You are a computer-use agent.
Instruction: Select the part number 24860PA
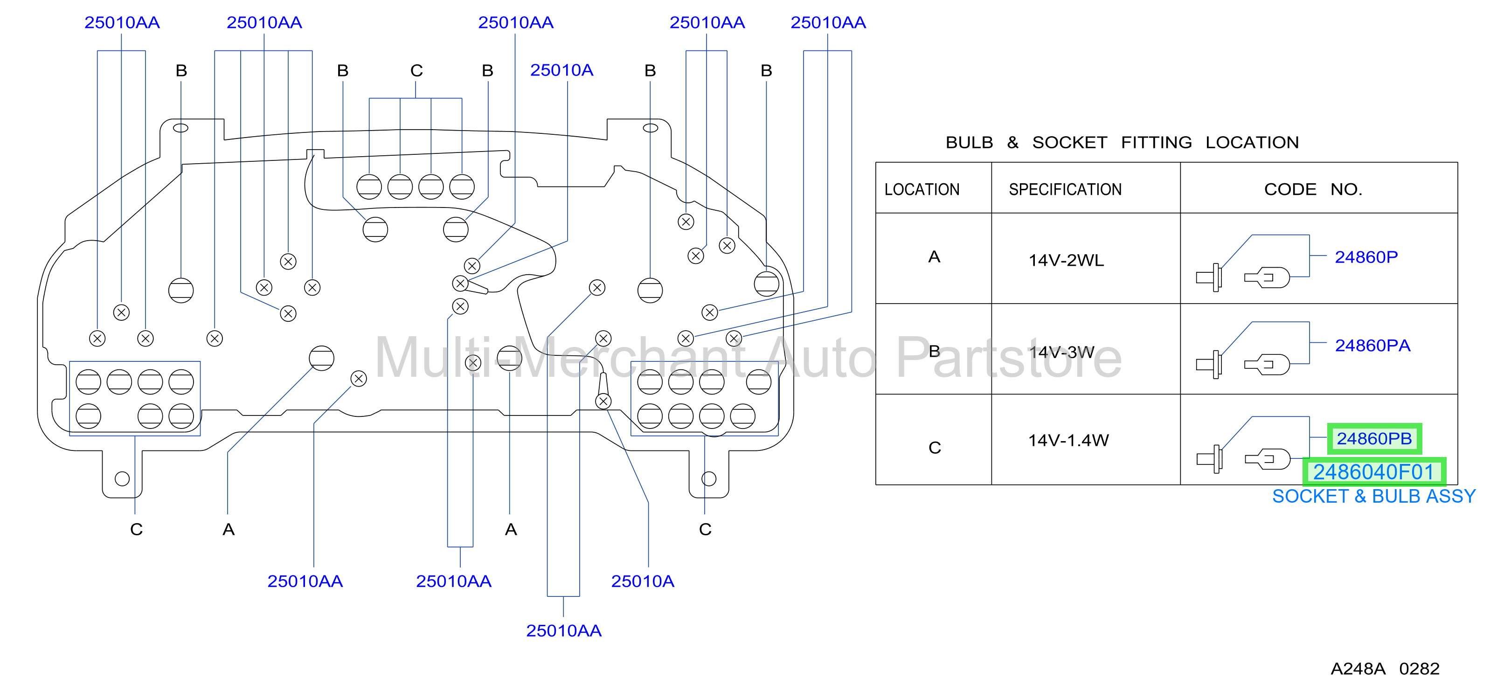(x=1372, y=346)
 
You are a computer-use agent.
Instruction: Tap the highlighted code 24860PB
(x=1374, y=439)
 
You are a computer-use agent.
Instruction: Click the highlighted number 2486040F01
(x=1374, y=472)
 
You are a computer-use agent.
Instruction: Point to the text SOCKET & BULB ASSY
(x=1374, y=496)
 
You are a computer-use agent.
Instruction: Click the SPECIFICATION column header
(x=1065, y=189)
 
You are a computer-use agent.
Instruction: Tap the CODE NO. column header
(x=1313, y=189)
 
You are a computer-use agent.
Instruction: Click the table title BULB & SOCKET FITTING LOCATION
(x=1122, y=142)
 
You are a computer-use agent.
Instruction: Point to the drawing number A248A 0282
(x=1385, y=669)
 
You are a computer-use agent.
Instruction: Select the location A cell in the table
(x=934, y=257)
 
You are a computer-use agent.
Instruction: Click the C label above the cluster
(x=416, y=71)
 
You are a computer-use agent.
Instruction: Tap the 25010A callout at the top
(x=561, y=70)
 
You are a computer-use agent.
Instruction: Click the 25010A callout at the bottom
(x=642, y=581)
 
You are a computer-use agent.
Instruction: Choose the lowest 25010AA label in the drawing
(x=564, y=630)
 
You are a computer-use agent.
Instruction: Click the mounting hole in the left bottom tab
(x=122, y=479)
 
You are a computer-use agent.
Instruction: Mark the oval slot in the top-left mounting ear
(x=181, y=128)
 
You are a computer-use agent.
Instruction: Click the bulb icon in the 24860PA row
(x=1267, y=364)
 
